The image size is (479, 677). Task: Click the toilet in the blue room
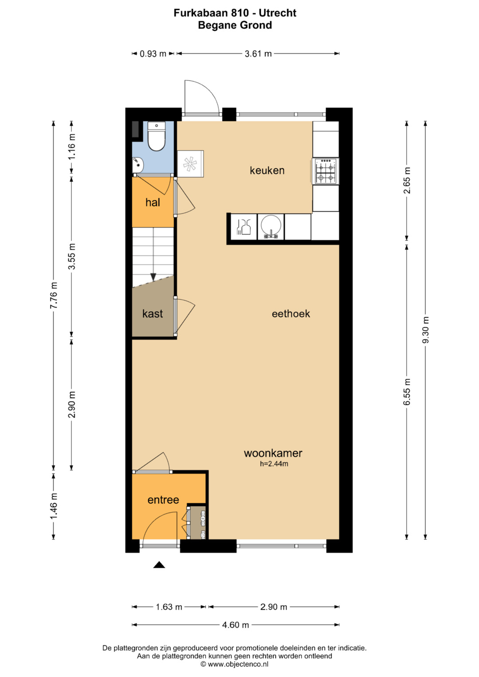pyautogui.click(x=156, y=136)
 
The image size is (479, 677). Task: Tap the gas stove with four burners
pyautogui.click(x=326, y=171)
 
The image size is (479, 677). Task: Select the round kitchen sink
pyautogui.click(x=271, y=227)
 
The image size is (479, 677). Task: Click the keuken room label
pyautogui.click(x=267, y=170)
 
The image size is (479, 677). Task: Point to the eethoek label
pyautogui.click(x=291, y=314)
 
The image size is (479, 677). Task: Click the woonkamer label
pyautogui.click(x=273, y=453)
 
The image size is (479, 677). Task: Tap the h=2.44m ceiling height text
pyautogui.click(x=274, y=464)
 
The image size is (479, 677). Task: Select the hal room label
pyautogui.click(x=153, y=203)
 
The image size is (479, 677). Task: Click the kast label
pyautogui.click(x=153, y=314)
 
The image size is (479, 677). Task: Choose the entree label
pyautogui.click(x=163, y=500)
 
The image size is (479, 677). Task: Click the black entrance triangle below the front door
pyautogui.click(x=159, y=564)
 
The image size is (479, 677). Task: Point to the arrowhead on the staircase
pyautogui.click(x=153, y=277)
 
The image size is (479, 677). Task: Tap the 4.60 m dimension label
pyautogui.click(x=236, y=625)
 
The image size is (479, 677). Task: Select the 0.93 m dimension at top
pyautogui.click(x=153, y=54)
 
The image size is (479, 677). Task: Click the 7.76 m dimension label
pyautogui.click(x=54, y=295)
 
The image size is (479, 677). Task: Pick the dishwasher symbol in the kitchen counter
pyautogui.click(x=244, y=227)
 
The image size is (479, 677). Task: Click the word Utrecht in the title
pyautogui.click(x=278, y=13)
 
